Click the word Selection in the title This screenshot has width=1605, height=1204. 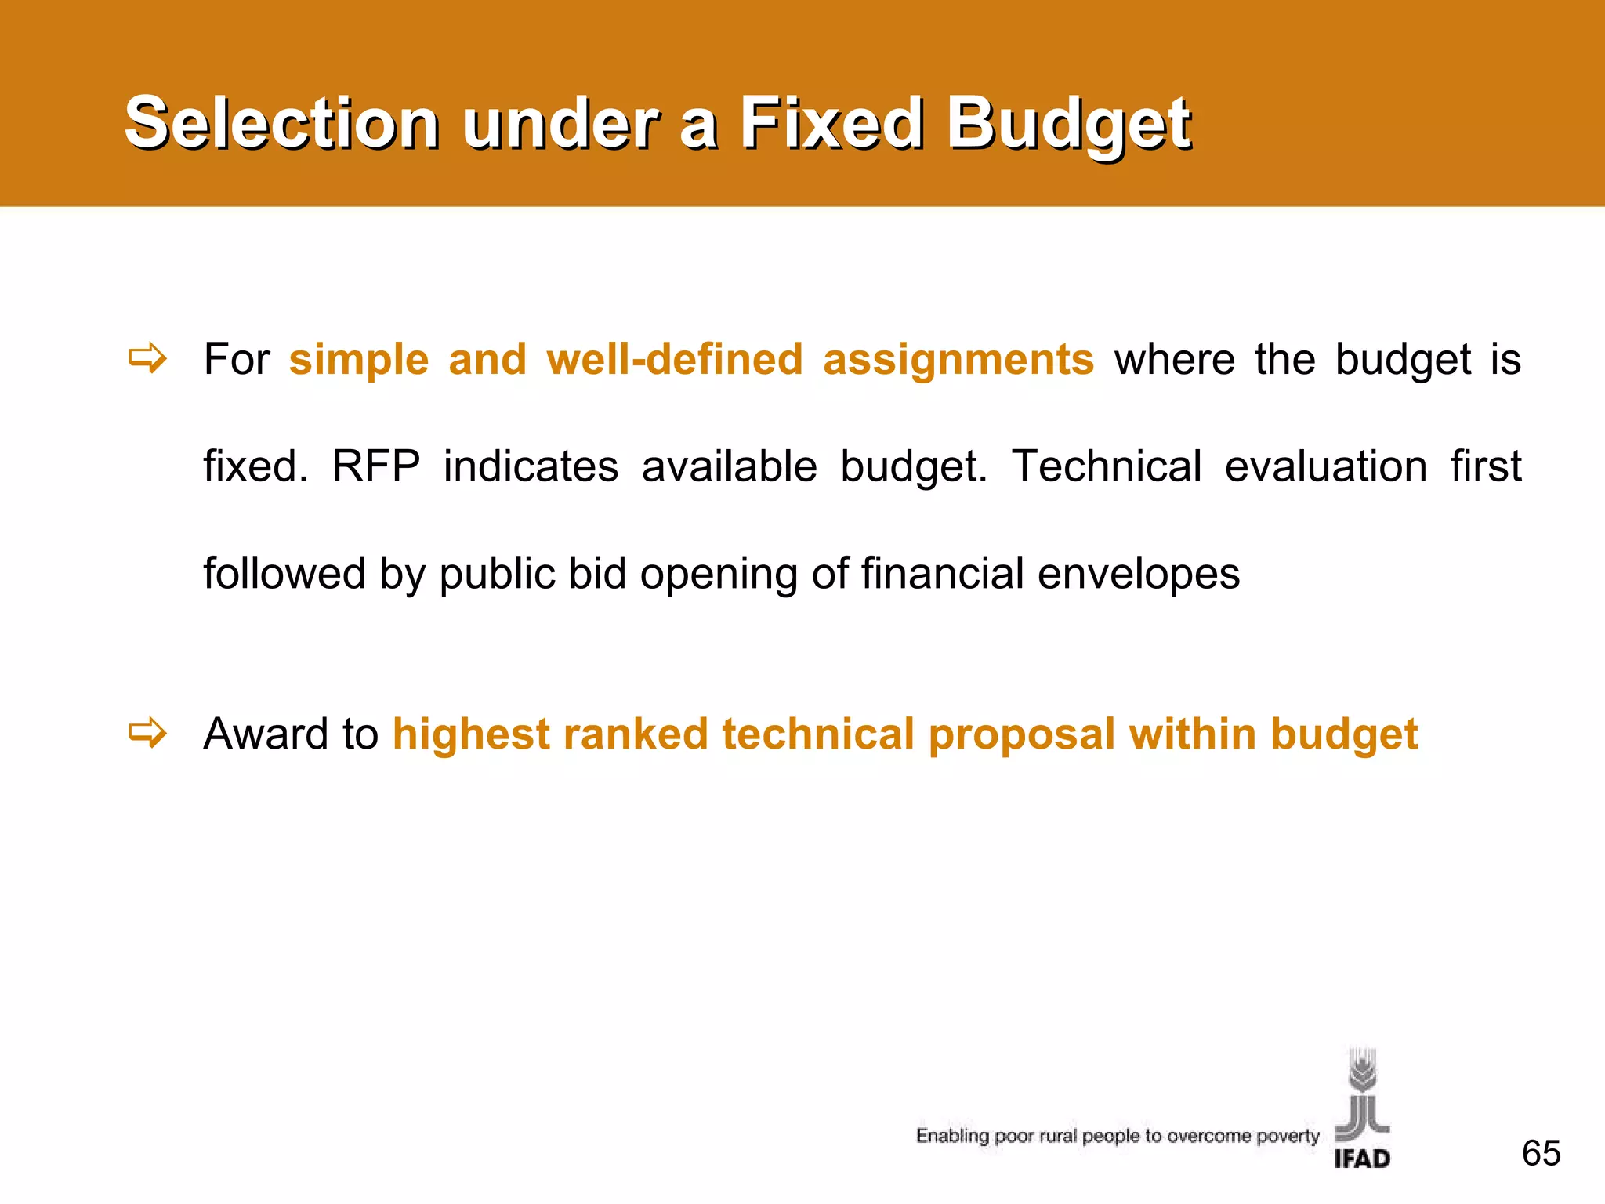point(282,123)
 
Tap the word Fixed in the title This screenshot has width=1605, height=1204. point(831,123)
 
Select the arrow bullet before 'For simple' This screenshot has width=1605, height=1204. point(148,359)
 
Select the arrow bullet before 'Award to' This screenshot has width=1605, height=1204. point(148,734)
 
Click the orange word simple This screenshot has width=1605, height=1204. point(359,361)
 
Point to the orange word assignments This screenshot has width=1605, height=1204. point(958,361)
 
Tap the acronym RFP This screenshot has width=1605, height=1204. point(376,466)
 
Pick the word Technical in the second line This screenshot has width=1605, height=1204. point(1106,466)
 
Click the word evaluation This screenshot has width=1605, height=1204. point(1325,466)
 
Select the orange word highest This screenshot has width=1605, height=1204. point(471,735)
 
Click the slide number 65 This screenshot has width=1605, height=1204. point(1541,1153)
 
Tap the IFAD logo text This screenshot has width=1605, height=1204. point(1362,1159)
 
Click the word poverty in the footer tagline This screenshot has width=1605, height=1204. point(1288,1137)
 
